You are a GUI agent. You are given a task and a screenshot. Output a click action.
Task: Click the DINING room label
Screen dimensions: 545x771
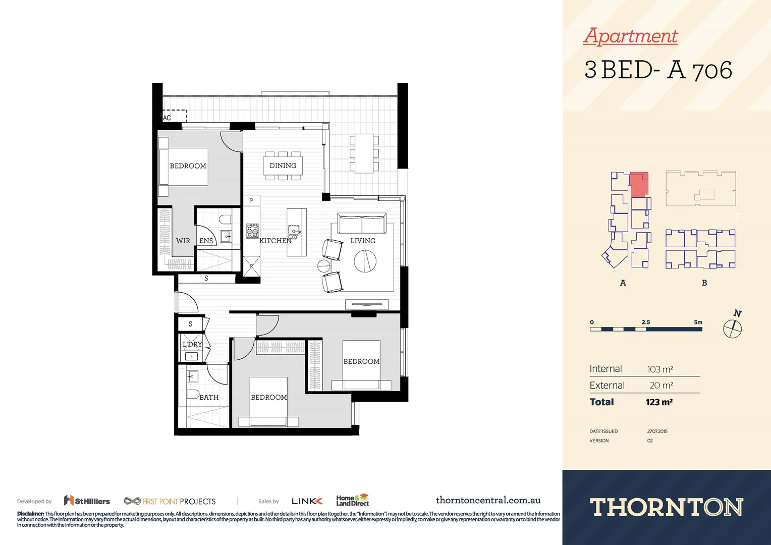(283, 166)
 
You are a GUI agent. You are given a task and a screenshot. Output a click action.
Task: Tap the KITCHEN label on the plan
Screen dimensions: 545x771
(275, 241)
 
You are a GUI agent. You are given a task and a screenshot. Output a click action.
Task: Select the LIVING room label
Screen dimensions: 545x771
(363, 241)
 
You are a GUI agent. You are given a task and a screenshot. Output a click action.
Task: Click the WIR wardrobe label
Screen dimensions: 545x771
(183, 241)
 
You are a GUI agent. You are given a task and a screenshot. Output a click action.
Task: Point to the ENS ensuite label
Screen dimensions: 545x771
(206, 241)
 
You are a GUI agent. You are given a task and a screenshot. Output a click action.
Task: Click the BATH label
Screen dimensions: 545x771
(209, 397)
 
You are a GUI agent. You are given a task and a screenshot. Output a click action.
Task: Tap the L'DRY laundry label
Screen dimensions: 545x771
(192, 344)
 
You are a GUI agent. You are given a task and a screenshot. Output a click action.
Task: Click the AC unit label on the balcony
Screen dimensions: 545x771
(167, 118)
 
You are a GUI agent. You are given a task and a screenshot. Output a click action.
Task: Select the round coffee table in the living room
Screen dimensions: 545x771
(365, 261)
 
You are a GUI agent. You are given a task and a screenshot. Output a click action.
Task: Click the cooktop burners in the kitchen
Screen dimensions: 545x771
(252, 231)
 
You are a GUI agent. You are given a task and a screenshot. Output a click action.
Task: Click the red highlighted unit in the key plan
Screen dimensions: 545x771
(639, 184)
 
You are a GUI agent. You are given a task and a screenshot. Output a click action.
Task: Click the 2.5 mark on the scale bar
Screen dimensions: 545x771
(646, 322)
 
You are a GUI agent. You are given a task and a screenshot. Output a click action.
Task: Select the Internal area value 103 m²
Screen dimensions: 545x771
(660, 369)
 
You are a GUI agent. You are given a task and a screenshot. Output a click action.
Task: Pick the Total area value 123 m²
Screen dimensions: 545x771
(659, 402)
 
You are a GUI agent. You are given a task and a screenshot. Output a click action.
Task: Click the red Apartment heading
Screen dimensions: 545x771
(631, 36)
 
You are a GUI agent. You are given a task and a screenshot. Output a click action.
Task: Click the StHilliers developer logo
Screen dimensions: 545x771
(87, 501)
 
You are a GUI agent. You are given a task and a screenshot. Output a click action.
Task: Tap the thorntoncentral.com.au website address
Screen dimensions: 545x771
(488, 500)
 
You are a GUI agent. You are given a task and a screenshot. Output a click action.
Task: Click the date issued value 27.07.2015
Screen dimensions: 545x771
(657, 431)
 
